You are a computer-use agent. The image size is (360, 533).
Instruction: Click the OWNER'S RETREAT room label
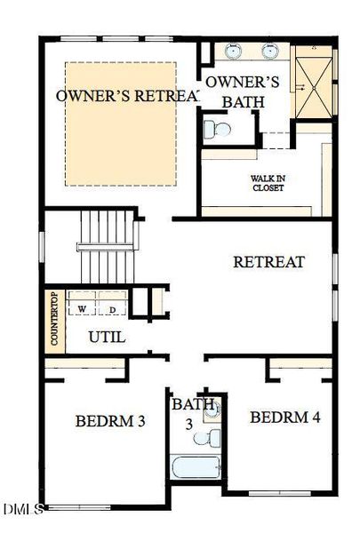click(x=126, y=95)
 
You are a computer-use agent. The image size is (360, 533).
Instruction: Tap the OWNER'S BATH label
click(x=243, y=91)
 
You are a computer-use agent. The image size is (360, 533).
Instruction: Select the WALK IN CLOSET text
click(x=267, y=183)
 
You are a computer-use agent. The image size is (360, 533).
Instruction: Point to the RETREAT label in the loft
click(x=268, y=262)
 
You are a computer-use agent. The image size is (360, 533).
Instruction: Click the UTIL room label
click(x=107, y=338)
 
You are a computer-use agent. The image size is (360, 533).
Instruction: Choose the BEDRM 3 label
click(x=110, y=420)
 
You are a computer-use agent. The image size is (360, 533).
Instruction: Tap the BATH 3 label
click(x=194, y=413)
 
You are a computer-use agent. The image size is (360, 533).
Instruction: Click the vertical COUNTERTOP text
click(x=54, y=319)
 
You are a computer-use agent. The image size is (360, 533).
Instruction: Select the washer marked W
click(x=82, y=308)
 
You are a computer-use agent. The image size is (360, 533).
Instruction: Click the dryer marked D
click(x=111, y=308)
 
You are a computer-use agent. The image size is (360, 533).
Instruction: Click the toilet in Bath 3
click(x=212, y=438)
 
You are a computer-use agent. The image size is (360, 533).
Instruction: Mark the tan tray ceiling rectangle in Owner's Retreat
click(x=123, y=123)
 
